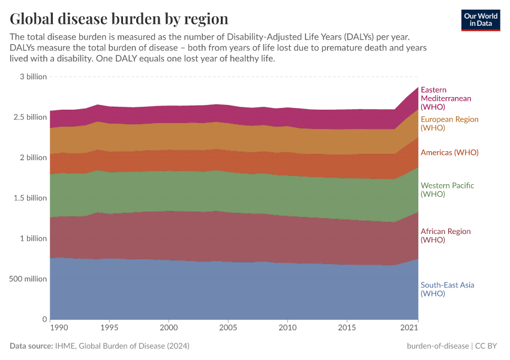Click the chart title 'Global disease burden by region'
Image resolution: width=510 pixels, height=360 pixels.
(x=119, y=19)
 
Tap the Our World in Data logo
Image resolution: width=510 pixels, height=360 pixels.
(x=480, y=20)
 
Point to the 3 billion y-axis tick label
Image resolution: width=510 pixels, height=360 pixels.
(x=32, y=77)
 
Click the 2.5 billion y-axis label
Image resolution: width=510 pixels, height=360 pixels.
(x=28, y=117)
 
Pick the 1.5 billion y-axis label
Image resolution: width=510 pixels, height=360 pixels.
(x=28, y=198)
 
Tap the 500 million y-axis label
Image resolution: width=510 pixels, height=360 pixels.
(x=26, y=278)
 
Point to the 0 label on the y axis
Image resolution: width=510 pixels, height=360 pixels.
(x=44, y=319)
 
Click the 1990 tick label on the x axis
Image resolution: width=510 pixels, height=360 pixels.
(x=58, y=328)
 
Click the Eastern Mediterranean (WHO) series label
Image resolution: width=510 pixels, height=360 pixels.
(x=446, y=98)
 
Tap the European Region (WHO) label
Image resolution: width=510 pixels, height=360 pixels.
(x=449, y=124)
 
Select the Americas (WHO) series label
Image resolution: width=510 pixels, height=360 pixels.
(x=449, y=152)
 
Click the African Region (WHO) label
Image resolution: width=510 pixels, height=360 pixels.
(x=445, y=235)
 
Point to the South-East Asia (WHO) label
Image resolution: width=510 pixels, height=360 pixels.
(x=447, y=289)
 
